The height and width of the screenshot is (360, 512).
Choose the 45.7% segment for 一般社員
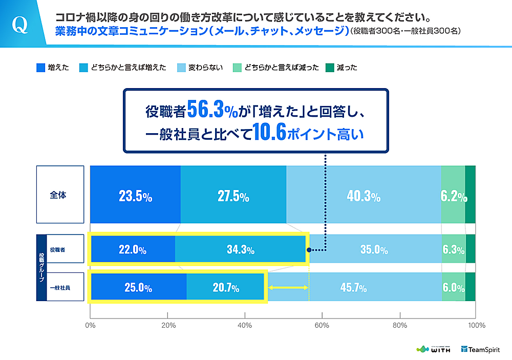click(353, 288)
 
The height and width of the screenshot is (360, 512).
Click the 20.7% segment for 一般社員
click(226, 288)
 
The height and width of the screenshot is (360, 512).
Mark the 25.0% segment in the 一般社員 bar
click(138, 288)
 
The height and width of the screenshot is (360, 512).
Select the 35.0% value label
click(373, 250)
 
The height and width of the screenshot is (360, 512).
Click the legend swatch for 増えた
click(41, 67)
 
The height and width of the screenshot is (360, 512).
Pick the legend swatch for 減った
click(330, 67)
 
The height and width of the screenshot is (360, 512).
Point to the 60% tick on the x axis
click(322, 325)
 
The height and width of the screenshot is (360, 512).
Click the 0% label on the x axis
click(90, 325)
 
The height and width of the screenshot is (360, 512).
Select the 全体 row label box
click(60, 195)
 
